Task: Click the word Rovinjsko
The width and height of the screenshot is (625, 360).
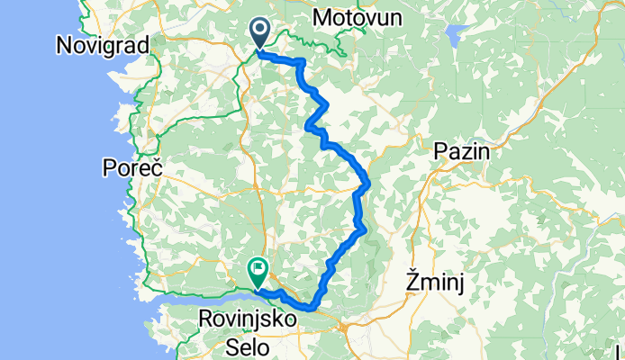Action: (x=255, y=318)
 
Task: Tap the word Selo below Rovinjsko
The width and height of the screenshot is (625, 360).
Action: (x=256, y=345)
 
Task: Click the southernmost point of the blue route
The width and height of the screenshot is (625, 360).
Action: (x=312, y=308)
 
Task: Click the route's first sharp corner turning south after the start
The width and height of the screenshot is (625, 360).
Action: (x=302, y=62)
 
